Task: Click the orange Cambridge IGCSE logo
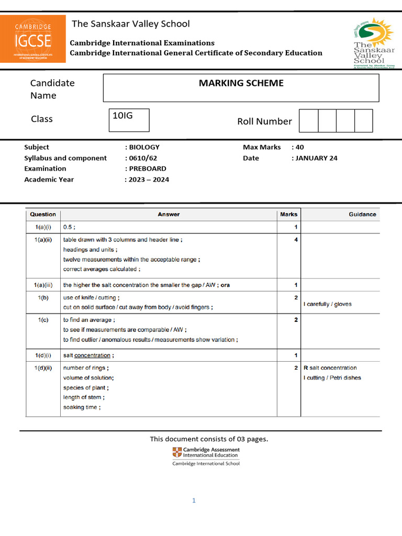(33, 39)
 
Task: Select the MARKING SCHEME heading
(241, 83)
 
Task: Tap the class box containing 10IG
(129, 120)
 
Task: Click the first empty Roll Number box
(308, 121)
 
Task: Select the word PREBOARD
(148, 169)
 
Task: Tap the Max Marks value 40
(299, 148)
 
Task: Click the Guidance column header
(362, 214)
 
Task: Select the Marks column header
(288, 214)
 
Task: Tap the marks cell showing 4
(296, 240)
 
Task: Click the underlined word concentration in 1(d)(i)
(93, 355)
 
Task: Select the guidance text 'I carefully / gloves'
(328, 304)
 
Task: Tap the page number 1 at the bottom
(194, 500)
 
